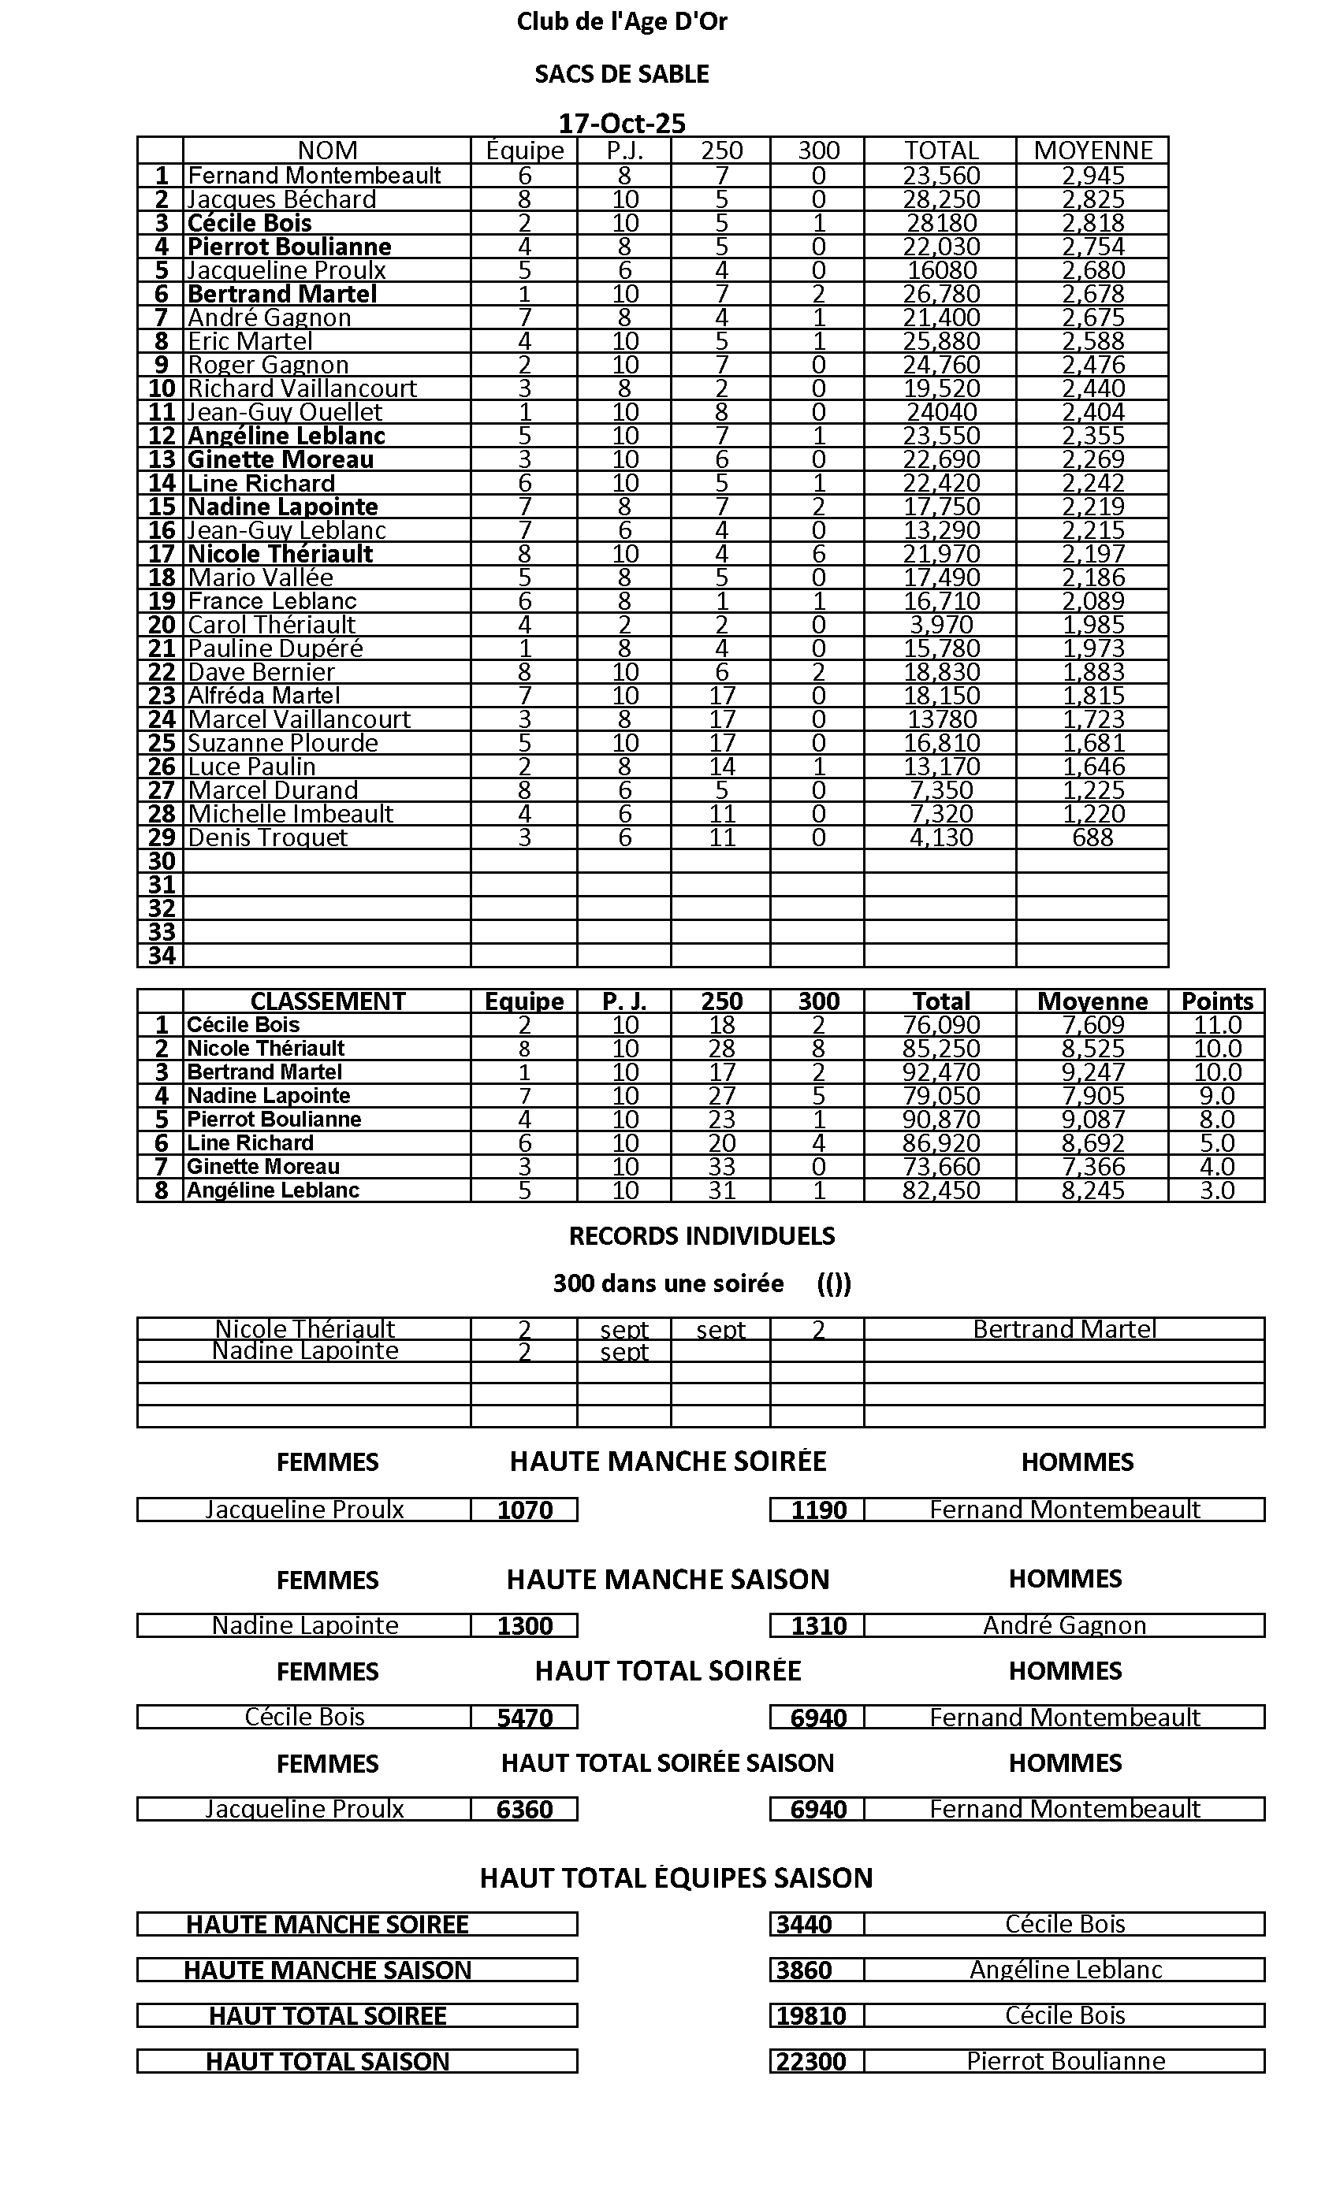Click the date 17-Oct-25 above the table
point(622,123)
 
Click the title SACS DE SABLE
point(622,74)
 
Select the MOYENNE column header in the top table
point(1092,150)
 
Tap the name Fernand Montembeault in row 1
point(315,176)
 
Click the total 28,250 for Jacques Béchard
point(940,199)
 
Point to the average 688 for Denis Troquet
point(1092,838)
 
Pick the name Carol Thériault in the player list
point(271,625)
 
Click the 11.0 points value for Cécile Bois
point(1216,1025)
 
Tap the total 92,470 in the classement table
point(940,1072)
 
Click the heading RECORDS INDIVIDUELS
point(702,1236)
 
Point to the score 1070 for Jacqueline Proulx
point(525,1510)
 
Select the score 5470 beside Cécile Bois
point(525,1718)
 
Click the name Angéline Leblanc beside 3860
point(1065,1970)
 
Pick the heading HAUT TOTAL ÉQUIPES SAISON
point(676,1878)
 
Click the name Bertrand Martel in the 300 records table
point(1064,1330)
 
